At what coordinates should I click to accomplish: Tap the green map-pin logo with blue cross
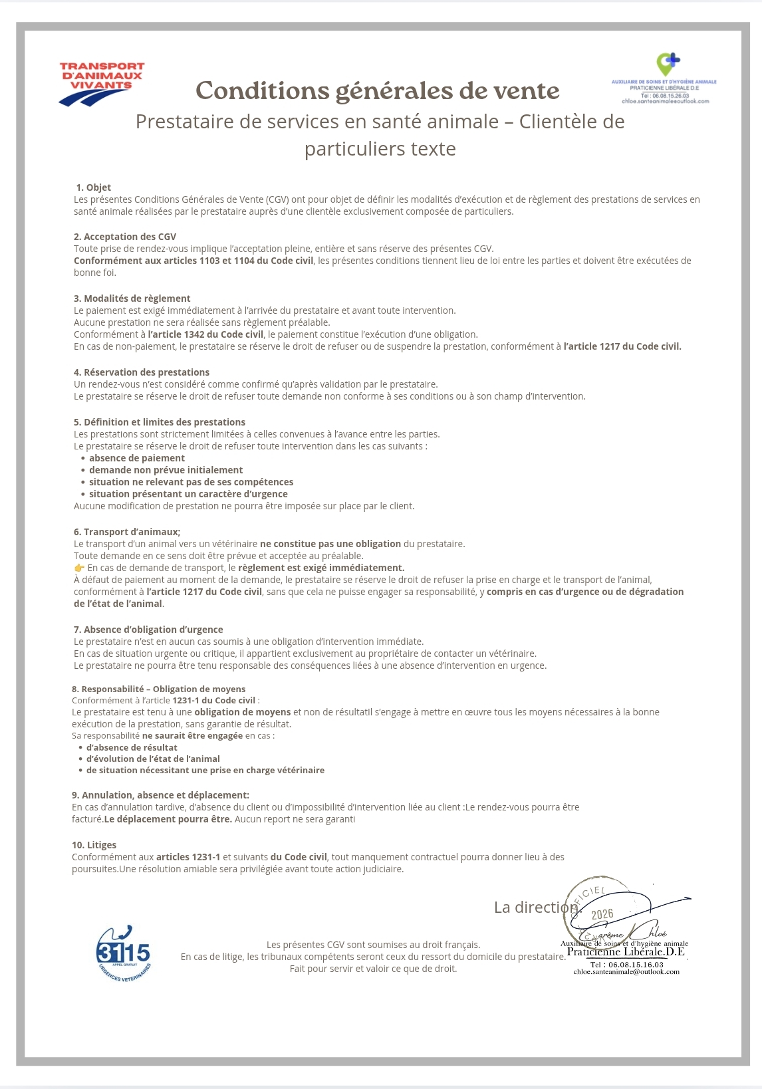(x=667, y=64)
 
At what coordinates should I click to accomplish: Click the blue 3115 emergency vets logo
(x=123, y=953)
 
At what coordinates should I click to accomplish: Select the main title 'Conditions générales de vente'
(x=378, y=90)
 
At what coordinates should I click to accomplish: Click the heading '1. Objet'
(x=94, y=187)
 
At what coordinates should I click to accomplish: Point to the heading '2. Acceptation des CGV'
(x=125, y=237)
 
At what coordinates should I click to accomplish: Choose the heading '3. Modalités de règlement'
(x=132, y=299)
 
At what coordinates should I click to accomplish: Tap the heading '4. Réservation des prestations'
(x=141, y=372)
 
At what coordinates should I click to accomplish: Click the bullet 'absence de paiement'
(x=137, y=458)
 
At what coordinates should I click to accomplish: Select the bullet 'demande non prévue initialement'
(x=166, y=470)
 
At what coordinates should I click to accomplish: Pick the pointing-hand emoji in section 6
(x=79, y=568)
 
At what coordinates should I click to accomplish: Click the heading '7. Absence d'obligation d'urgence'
(x=148, y=630)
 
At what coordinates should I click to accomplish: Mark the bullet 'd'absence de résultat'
(x=132, y=747)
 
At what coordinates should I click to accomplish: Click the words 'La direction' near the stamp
(x=536, y=907)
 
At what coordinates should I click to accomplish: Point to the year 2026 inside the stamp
(x=602, y=914)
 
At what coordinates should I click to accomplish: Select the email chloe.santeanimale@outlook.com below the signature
(x=626, y=972)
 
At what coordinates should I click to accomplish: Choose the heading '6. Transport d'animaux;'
(x=127, y=532)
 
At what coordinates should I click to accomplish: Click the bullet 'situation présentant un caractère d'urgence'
(x=188, y=494)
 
